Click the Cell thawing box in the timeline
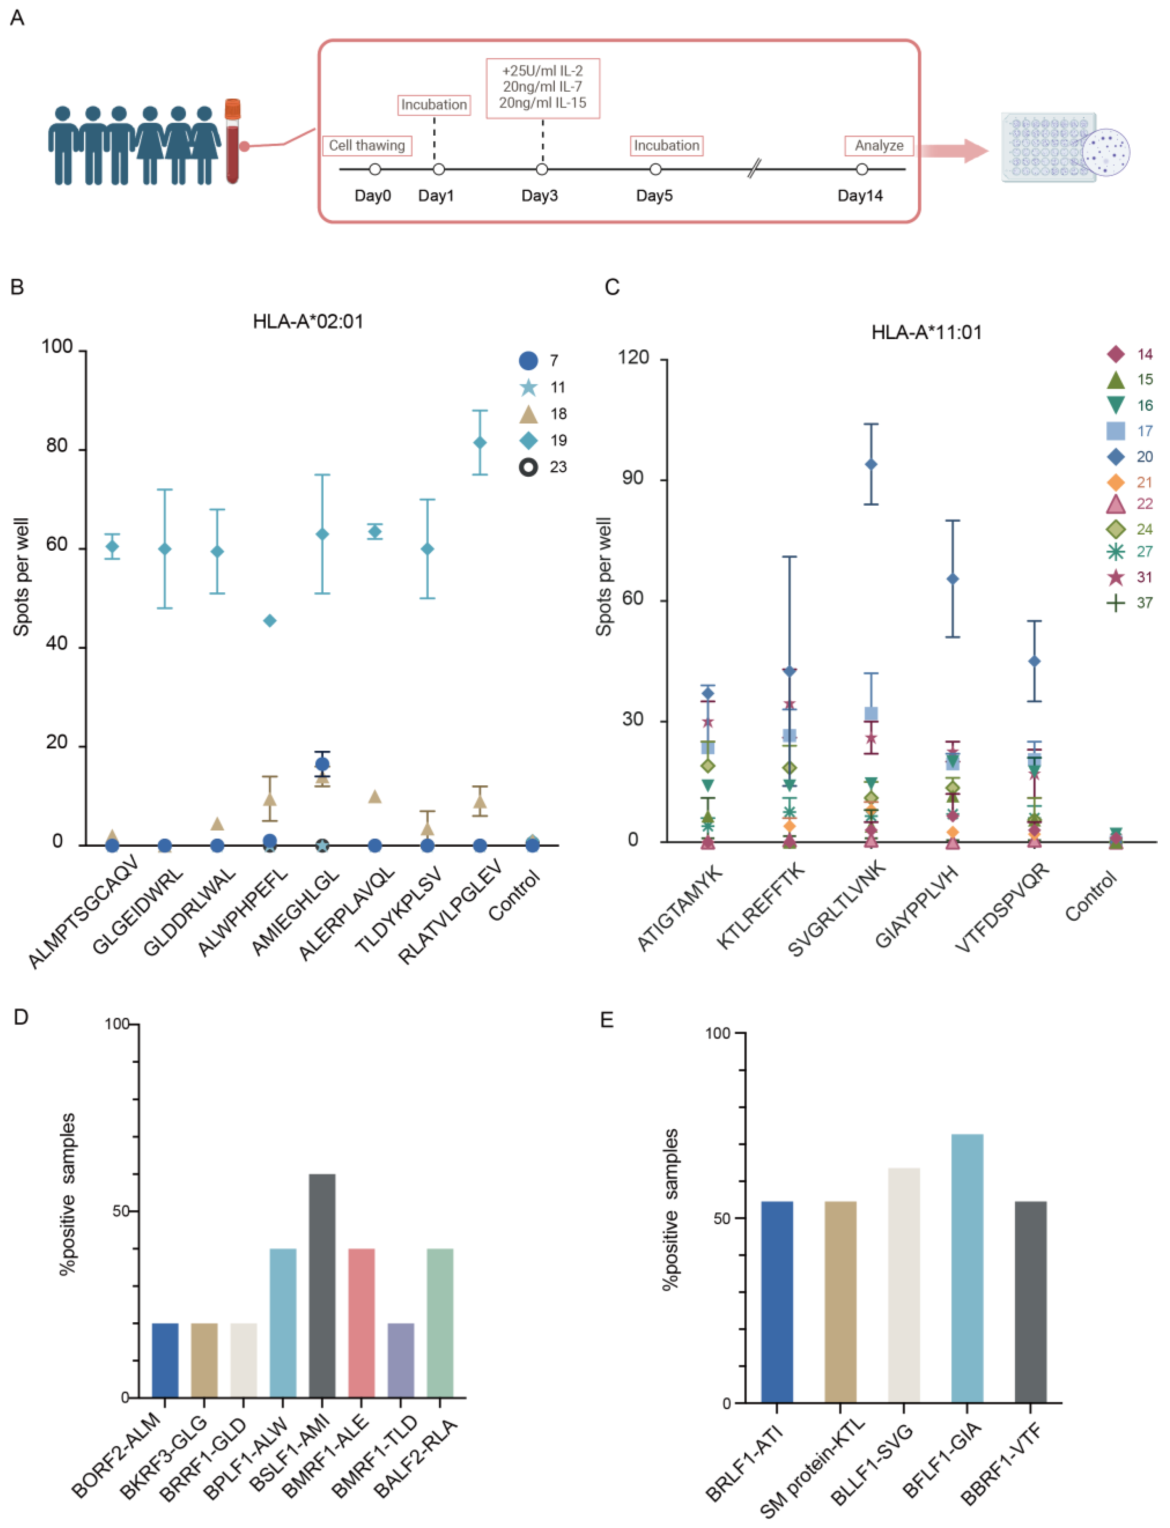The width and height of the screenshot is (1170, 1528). [367, 146]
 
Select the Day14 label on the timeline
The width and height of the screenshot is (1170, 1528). [860, 196]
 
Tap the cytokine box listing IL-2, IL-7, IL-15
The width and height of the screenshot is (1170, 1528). [542, 88]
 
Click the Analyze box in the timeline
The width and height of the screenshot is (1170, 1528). [879, 146]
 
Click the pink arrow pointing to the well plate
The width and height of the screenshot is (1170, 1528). [954, 150]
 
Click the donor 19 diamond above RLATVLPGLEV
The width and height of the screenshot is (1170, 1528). [480, 443]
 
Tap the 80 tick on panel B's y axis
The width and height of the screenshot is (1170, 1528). [57, 446]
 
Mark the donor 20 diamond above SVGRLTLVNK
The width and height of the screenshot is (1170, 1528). [871, 464]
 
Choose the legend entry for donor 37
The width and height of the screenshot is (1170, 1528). [1129, 603]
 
